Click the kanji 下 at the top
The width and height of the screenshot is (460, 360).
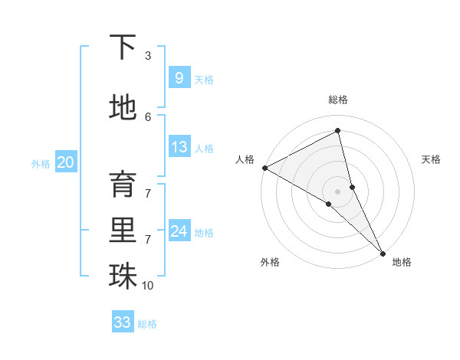[x=123, y=48]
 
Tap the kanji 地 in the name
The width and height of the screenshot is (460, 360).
[x=123, y=108]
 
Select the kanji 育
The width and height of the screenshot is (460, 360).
[x=123, y=185]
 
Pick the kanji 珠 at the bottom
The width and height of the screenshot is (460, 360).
[x=123, y=277]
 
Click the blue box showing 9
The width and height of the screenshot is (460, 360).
[x=179, y=77]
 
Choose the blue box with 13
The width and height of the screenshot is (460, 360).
[x=179, y=147]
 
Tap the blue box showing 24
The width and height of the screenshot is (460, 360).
[x=179, y=231]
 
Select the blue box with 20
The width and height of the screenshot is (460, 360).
[x=65, y=162]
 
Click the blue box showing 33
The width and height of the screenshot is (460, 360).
[x=122, y=322]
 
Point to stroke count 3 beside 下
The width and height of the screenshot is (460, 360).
[x=148, y=56]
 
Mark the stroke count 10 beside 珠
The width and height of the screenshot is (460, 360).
[x=148, y=286]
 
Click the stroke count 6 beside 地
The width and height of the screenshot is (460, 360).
[x=148, y=116]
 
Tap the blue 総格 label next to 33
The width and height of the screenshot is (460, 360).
[x=147, y=324]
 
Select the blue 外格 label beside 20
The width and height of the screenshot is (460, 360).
[x=41, y=163]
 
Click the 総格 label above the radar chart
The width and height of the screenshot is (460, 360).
[x=338, y=100]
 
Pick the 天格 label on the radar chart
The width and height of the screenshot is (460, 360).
[x=432, y=159]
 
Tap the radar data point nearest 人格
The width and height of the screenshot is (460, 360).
[x=264, y=167]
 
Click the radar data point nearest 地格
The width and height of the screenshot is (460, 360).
[x=383, y=253]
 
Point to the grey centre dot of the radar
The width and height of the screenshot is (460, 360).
[x=337, y=191]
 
